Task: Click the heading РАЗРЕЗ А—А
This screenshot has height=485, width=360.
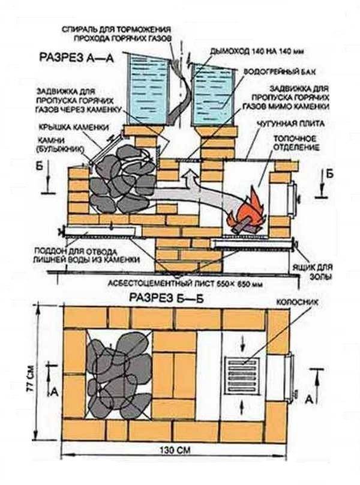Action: [x=77, y=58]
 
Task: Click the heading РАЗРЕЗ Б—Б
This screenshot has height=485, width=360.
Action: [x=166, y=298]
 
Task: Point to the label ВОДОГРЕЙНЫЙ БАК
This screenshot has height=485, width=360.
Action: [x=280, y=72]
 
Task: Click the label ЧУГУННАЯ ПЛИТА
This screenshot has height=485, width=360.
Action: [x=290, y=124]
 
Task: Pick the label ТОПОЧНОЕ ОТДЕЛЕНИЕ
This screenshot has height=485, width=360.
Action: [x=296, y=142]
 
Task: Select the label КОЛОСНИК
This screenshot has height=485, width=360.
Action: [x=297, y=301]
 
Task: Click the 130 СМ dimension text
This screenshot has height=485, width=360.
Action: [x=175, y=450]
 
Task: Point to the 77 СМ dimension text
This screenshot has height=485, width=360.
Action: [x=31, y=378]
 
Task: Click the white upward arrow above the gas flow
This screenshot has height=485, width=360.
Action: [x=190, y=180]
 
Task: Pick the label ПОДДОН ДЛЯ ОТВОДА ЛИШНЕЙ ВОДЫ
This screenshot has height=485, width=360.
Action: [x=86, y=255]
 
